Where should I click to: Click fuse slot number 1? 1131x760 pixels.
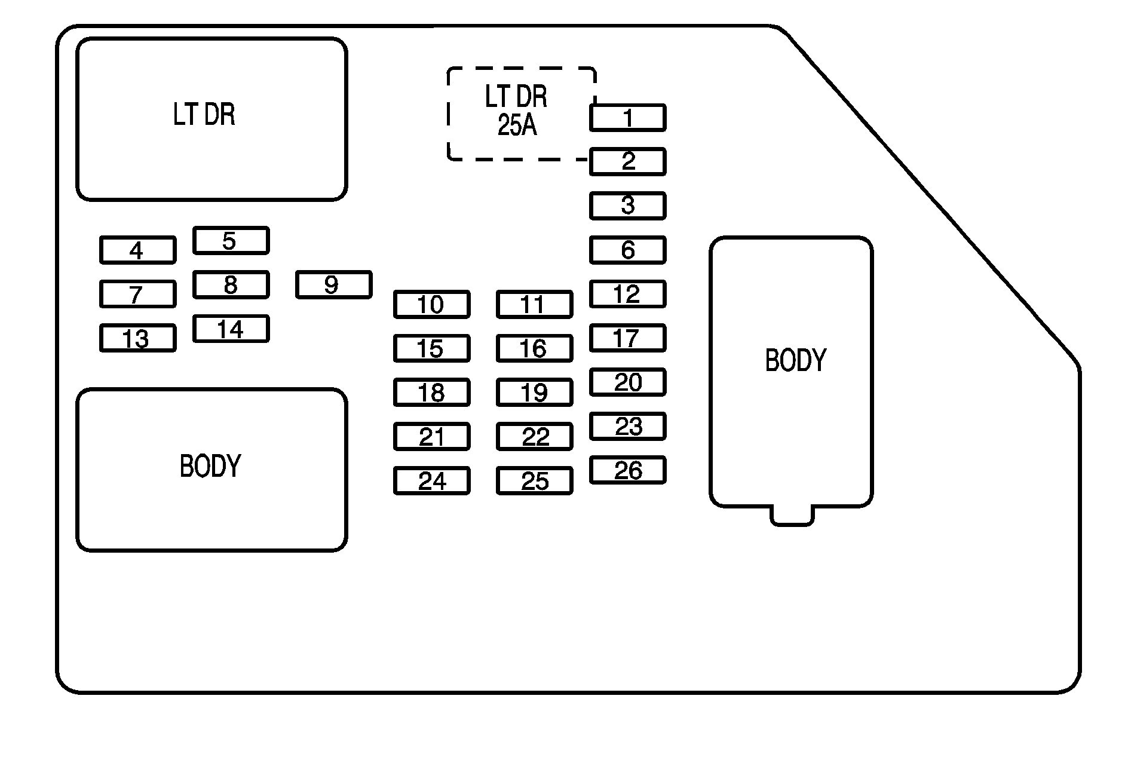pos(627,118)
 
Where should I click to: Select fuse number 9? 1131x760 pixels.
pos(333,284)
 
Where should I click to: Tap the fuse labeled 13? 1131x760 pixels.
pos(137,338)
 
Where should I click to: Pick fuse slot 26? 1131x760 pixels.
pos(627,470)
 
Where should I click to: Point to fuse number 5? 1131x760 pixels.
pos(231,241)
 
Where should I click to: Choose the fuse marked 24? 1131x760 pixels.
pos(431,480)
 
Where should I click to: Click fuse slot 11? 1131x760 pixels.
pos(534,304)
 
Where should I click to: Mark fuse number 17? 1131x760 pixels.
pos(627,338)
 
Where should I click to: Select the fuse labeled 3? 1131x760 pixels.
pos(627,206)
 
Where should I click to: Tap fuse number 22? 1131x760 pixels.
pos(534,437)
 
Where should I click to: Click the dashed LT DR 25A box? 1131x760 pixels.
pos(521,114)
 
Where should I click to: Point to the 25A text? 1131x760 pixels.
pos(517,126)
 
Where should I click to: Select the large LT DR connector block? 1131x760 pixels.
pos(212,119)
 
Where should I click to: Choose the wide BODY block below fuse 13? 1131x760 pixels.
pos(212,470)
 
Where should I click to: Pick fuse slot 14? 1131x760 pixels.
pos(231,329)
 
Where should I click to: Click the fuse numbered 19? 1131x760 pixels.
pos(534,393)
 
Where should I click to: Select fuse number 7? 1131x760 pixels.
pos(137,294)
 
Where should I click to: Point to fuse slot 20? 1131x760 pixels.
pos(627,382)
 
